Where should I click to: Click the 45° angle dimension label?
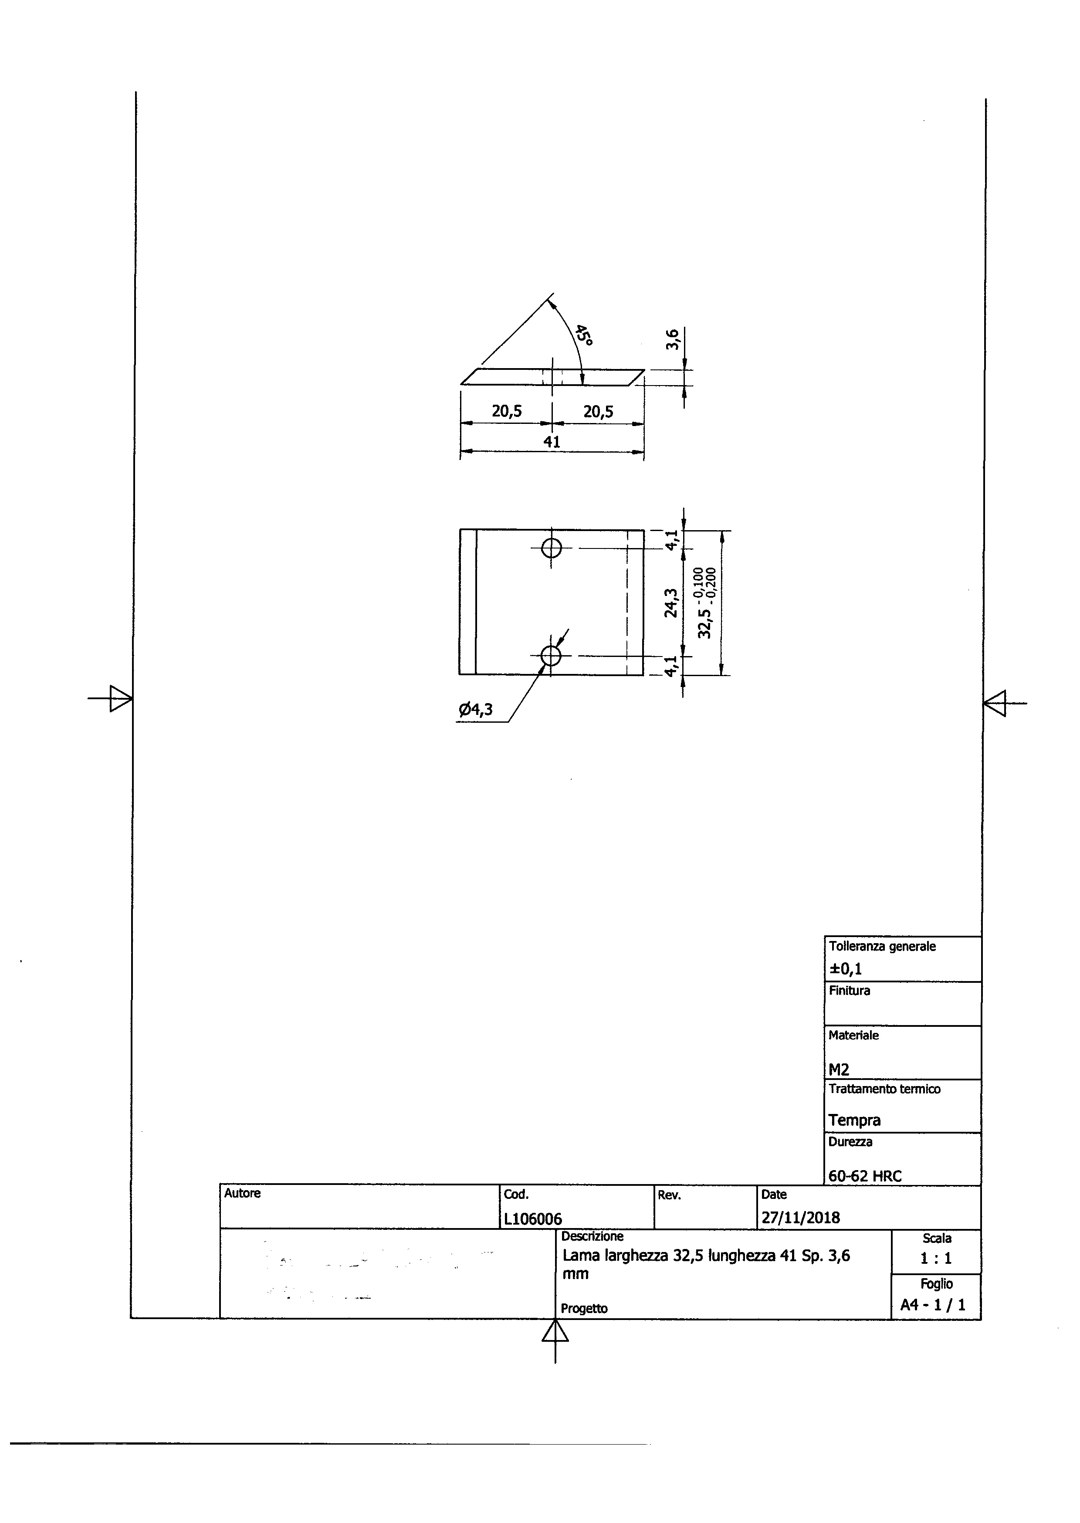[584, 335]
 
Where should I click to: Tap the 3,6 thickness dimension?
[672, 339]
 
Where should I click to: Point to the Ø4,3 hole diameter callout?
[475, 710]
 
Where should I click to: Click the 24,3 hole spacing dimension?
[672, 602]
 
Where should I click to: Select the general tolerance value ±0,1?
[845, 968]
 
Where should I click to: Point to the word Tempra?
[855, 1120]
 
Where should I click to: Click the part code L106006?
[533, 1218]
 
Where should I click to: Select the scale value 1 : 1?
[936, 1258]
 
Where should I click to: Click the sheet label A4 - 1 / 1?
[932, 1305]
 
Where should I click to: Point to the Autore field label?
[242, 1193]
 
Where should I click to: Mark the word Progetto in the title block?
[584, 1309]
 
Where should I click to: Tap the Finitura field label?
[849, 990]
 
